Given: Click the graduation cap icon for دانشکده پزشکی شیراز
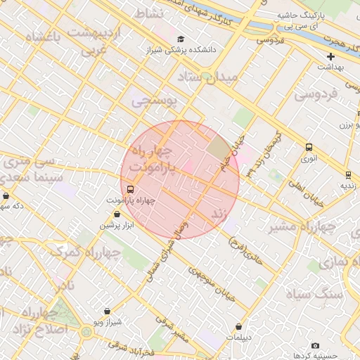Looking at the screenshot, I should [x=182, y=39].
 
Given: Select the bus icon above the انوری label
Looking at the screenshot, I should [x=309, y=147].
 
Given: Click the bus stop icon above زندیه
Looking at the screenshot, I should [x=347, y=174].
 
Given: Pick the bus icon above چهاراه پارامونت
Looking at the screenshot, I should [x=130, y=189].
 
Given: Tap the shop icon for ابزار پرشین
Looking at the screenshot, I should [x=106, y=214].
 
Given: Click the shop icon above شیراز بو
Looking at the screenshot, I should [x=107, y=311].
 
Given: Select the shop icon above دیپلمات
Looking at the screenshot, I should [x=240, y=326].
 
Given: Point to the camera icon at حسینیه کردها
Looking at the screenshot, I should [x=314, y=345].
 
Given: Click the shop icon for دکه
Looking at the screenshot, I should [x=6, y=195].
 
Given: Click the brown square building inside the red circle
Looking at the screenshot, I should [x=218, y=148].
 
